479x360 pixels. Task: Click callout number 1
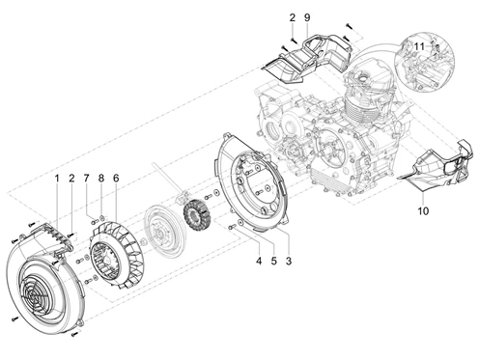click(57, 179)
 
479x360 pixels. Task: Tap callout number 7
click(86, 179)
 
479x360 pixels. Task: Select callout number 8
click(101, 179)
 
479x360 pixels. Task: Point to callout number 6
click(116, 179)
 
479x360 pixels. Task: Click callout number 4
click(259, 262)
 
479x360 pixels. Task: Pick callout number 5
click(273, 262)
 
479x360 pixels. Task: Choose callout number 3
click(289, 262)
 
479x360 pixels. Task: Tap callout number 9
click(307, 17)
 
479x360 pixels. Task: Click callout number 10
click(423, 211)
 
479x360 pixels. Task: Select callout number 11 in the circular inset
click(419, 47)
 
